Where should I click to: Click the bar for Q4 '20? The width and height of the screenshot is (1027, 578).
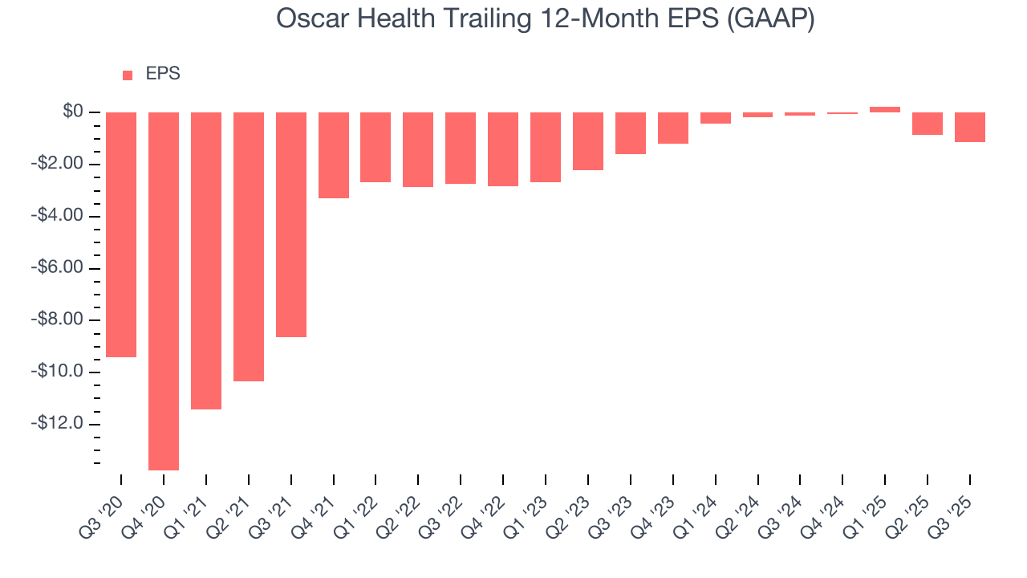tap(164, 291)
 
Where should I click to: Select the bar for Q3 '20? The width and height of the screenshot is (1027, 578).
tap(121, 234)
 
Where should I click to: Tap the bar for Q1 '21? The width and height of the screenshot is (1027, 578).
tap(206, 260)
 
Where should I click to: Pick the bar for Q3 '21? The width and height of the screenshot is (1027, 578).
tap(291, 224)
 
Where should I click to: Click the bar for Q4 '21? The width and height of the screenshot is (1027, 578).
tap(334, 155)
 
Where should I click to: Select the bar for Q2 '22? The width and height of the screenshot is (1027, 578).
tap(418, 149)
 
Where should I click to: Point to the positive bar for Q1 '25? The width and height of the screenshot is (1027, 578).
tap(885, 109)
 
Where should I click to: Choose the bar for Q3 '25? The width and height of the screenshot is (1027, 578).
tap(970, 127)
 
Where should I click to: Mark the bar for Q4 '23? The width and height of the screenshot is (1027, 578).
tap(673, 128)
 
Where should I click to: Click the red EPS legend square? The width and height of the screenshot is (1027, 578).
tap(128, 75)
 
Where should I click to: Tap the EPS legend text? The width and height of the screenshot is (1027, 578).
tap(163, 74)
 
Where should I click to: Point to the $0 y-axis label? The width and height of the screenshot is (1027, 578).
tap(73, 112)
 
